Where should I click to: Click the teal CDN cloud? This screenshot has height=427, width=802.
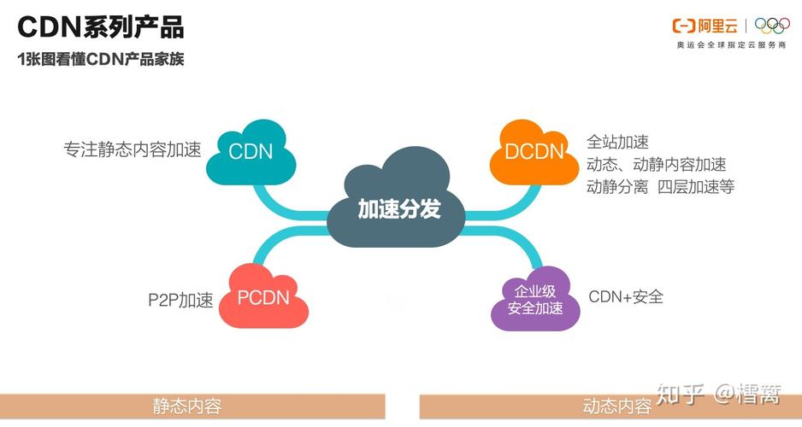pyautogui.click(x=251, y=153)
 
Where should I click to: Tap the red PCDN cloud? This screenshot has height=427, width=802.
pyautogui.click(x=263, y=298)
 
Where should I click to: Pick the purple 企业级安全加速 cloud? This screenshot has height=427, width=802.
pyautogui.click(x=535, y=300)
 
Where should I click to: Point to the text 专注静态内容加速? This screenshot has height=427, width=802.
pyautogui.click(x=132, y=149)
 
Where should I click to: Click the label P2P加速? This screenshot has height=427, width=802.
pyautogui.click(x=180, y=300)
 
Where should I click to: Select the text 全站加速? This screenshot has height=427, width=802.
pyautogui.click(x=617, y=142)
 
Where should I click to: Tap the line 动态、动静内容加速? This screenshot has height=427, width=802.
pyautogui.click(x=656, y=164)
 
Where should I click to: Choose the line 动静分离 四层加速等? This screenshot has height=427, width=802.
pyautogui.click(x=660, y=186)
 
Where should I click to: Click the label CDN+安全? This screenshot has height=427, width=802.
pyautogui.click(x=626, y=296)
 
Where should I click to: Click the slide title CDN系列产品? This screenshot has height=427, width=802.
pyautogui.click(x=101, y=27)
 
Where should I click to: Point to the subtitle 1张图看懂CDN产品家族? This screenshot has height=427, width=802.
pyautogui.click(x=101, y=60)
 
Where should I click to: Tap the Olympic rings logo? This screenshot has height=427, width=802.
pyautogui.click(x=772, y=26)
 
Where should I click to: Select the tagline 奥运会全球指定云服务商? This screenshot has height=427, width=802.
pyautogui.click(x=731, y=44)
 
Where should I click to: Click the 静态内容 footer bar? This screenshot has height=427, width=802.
pyautogui.click(x=192, y=407)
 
